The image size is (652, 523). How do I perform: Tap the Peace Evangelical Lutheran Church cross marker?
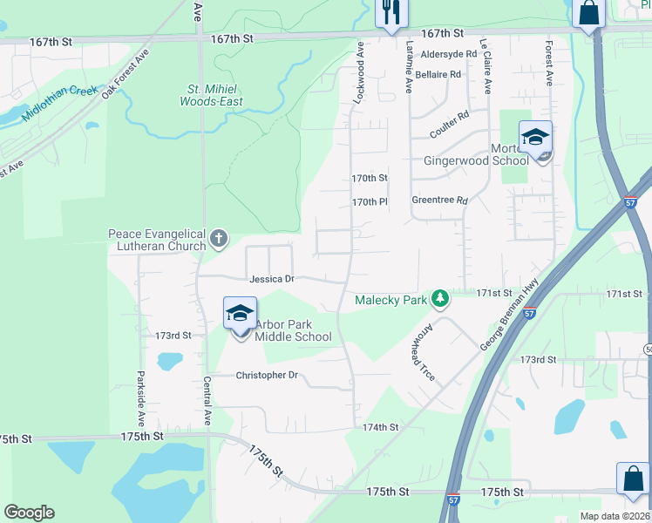pos(219,238)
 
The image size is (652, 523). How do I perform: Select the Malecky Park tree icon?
pos(441,300)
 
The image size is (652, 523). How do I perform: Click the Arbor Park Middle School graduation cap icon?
pos(240,313)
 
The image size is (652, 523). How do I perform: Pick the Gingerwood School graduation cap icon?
pos(534,137)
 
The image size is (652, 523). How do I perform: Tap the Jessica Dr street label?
pos(272,280)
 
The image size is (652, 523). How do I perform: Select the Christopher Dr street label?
pos(267,375)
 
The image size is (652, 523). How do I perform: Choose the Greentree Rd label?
pos(439,200)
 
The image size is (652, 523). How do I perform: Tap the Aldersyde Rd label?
pos(448,54)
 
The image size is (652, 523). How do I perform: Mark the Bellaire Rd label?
pos(438,75)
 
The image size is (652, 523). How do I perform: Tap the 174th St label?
pos(380,427)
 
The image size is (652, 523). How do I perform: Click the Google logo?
pos(30,513)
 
